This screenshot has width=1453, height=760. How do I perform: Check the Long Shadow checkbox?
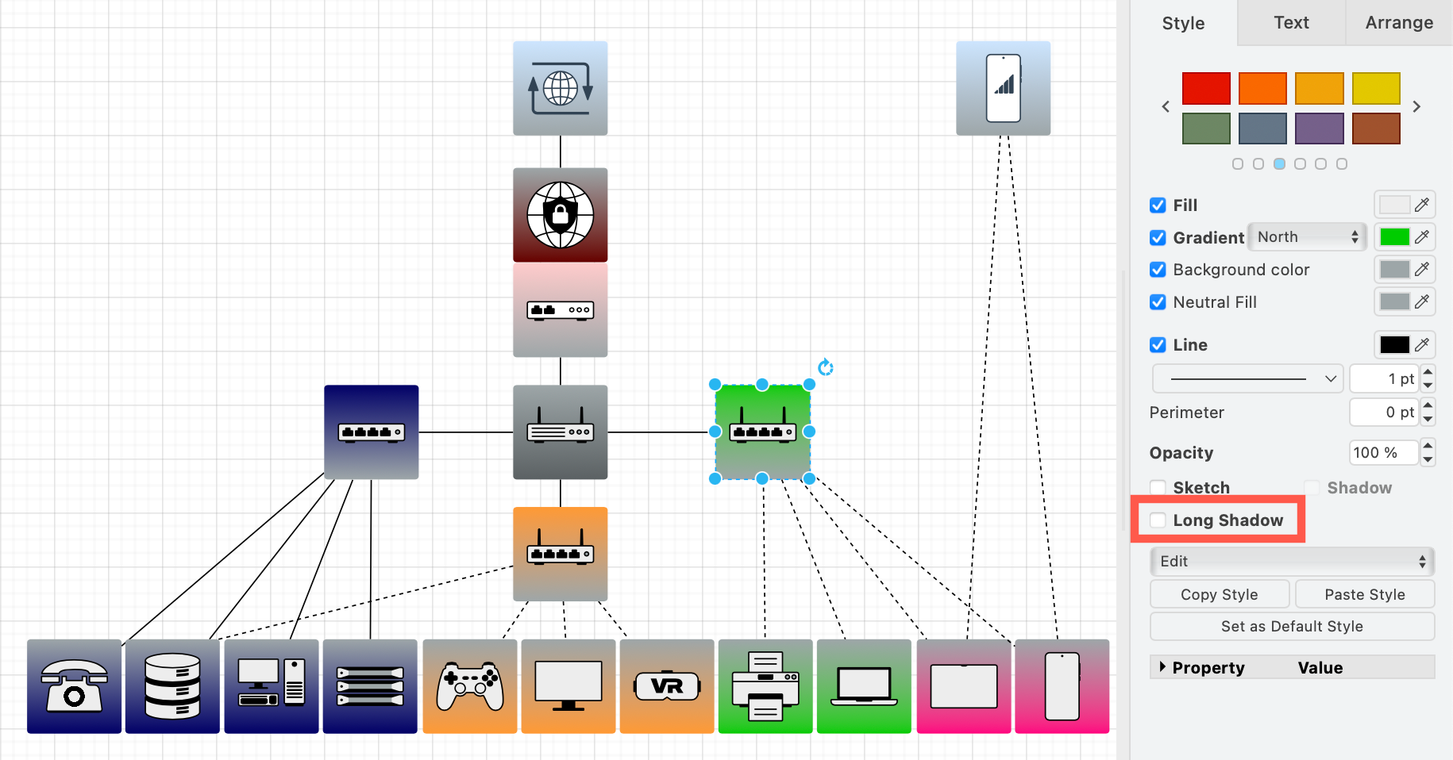point(1158,520)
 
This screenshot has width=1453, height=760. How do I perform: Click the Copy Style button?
point(1219,594)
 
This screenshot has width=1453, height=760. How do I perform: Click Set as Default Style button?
point(1292,626)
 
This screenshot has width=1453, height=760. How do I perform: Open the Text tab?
point(1291,23)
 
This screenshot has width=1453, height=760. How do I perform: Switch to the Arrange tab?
point(1399,23)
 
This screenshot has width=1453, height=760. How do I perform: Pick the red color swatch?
point(1206,88)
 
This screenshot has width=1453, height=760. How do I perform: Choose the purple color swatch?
point(1319,129)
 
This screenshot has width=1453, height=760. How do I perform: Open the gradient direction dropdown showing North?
point(1307,237)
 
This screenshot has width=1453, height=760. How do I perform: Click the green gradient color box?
point(1394,237)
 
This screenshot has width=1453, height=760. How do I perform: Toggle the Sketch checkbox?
point(1158,488)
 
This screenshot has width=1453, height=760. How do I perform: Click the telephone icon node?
point(75,686)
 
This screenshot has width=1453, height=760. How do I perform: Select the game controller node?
point(470,686)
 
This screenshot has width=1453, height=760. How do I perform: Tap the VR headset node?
point(667,686)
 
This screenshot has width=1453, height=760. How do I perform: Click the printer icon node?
point(765,686)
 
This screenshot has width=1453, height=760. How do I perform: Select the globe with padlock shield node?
point(561,215)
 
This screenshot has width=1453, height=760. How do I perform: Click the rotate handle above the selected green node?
point(826,367)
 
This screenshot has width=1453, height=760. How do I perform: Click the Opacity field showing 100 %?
point(1382,453)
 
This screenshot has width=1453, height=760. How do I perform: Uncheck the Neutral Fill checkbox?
point(1158,302)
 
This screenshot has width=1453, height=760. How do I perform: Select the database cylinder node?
point(172,686)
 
